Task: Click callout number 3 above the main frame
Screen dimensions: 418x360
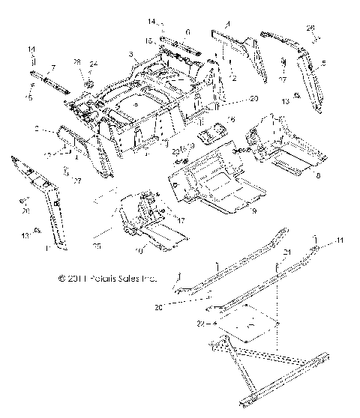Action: (x=132, y=54)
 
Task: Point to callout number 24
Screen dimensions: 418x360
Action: (x=94, y=63)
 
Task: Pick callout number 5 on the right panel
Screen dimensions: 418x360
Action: (x=323, y=64)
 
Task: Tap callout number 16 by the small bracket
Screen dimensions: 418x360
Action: (x=232, y=119)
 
